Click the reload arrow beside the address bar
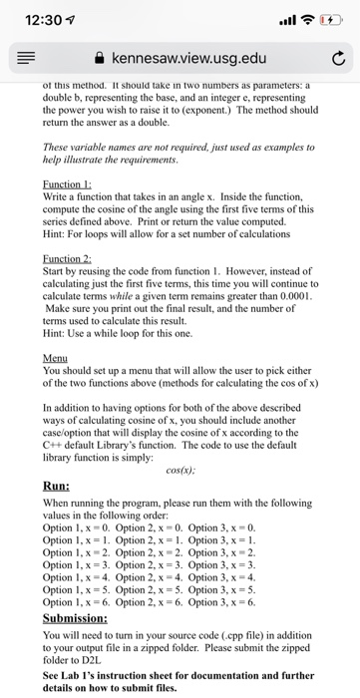tap(336, 60)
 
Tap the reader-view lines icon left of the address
tap(25, 60)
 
